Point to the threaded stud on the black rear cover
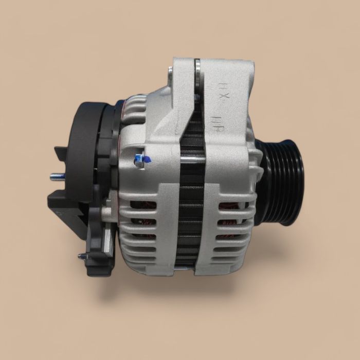tap(57, 177)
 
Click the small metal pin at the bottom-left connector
tap(82, 256)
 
